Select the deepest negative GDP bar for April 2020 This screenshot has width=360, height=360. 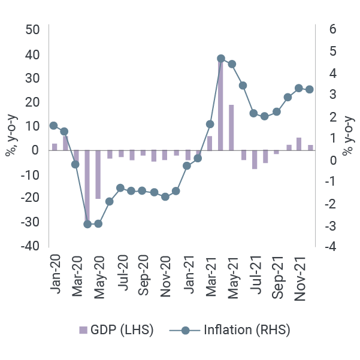pos(87,186)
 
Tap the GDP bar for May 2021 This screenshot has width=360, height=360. pos(231,128)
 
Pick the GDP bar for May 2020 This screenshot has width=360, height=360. pos(98,174)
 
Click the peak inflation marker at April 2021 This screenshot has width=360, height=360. pos(220,59)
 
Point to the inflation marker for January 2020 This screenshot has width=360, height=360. pos(54,126)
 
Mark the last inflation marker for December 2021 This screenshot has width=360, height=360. pos(310,89)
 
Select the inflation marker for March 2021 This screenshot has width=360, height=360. pos(210,124)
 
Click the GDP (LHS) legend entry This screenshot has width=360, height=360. pos(116,330)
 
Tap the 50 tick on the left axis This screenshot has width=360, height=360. pos(33,30)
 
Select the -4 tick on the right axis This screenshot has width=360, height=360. pos(330,246)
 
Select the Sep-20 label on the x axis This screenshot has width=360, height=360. pos(144,274)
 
